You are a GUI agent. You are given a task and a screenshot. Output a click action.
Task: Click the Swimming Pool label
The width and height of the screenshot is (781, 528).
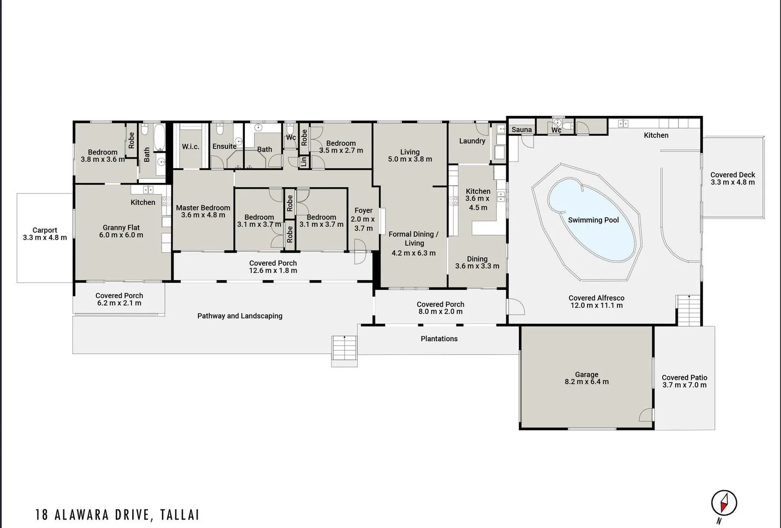coord(593,220)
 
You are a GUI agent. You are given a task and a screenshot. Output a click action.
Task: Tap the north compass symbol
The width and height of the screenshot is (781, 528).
coord(724,503)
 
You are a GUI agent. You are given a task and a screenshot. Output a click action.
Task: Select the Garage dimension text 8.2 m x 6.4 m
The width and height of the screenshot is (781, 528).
coord(586,382)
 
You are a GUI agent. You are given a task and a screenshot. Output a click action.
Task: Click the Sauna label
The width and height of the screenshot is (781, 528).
coord(521,130)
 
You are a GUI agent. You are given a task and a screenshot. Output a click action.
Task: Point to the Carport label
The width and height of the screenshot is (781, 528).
coord(44,230)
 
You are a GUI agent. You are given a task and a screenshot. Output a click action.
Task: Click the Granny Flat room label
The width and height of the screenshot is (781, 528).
coord(121,228)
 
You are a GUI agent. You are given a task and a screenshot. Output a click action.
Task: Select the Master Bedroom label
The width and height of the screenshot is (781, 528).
coord(203,208)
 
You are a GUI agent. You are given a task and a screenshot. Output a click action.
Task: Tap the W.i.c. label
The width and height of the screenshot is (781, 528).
coord(191,147)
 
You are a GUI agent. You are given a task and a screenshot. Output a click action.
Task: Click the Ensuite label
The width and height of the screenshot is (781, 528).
coord(224,146)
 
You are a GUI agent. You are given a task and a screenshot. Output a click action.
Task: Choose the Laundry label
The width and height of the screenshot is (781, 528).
coord(472,141)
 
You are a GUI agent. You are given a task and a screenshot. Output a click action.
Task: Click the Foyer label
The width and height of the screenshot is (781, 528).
coord(363,211)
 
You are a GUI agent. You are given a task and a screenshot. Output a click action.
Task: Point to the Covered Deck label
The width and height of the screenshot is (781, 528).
coord(733,175)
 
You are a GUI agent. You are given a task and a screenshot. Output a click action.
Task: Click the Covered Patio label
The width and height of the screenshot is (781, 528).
coord(684,377)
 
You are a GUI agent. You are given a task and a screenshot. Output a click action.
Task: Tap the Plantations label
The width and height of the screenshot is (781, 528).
coord(439,338)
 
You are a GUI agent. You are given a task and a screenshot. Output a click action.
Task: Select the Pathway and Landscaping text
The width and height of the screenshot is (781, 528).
coord(239,316)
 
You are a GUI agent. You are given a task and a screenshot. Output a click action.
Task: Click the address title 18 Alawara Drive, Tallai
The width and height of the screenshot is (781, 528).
coord(117,515)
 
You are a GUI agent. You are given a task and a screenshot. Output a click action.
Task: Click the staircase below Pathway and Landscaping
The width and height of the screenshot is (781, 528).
coord(345,351)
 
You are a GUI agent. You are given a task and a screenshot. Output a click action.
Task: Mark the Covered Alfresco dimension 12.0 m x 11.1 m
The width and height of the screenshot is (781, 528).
coord(596,306)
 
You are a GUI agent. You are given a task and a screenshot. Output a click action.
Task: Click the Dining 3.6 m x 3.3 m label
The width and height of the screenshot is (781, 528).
coord(477,263)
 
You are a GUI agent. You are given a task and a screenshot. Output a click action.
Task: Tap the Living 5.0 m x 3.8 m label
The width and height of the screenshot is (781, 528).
coord(410,155)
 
